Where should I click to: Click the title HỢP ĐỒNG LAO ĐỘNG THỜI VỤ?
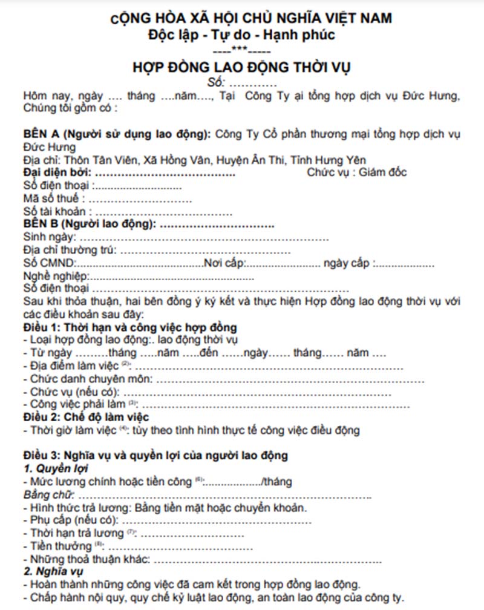point(241,67)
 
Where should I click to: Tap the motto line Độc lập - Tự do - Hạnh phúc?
point(241,34)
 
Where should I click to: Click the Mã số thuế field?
point(52,198)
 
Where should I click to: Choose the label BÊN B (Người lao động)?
point(90,225)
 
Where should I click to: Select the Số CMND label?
point(49,264)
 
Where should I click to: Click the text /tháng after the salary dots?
point(277,482)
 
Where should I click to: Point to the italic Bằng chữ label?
point(47,495)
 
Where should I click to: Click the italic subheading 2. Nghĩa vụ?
point(54,572)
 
